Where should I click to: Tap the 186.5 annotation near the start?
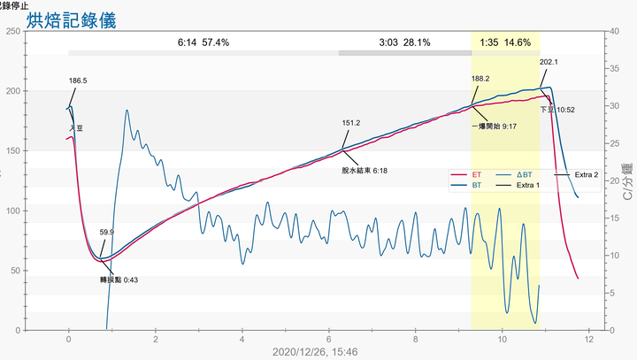(x=78, y=80)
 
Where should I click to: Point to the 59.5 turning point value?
(x=106, y=232)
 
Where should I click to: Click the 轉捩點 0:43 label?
(x=118, y=280)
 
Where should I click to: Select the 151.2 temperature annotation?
(x=350, y=123)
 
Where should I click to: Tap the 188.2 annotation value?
(x=480, y=79)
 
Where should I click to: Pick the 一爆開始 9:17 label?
(x=494, y=126)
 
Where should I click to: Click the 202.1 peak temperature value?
(x=549, y=62)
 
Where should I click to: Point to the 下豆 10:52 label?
(x=557, y=110)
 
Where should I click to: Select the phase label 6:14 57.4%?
(x=203, y=42)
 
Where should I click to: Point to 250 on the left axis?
(x=13, y=31)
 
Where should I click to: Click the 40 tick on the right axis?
(x=614, y=31)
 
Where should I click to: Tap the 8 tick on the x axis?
(x=416, y=339)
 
